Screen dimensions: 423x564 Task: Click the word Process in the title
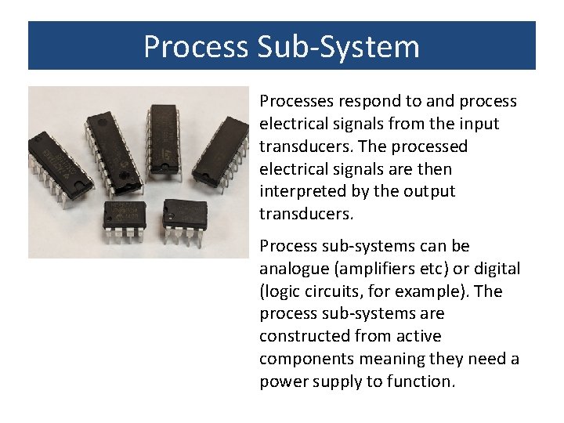click(x=196, y=47)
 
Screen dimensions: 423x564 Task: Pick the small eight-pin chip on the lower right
click(x=185, y=213)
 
